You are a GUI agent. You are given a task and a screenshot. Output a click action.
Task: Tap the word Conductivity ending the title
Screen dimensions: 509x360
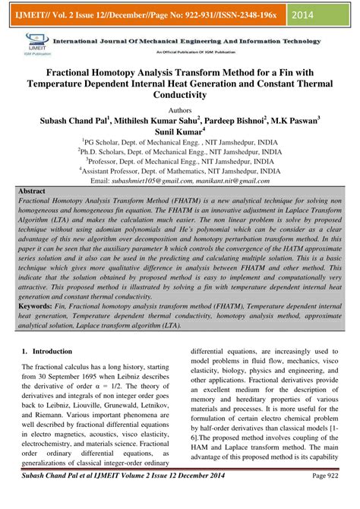179,95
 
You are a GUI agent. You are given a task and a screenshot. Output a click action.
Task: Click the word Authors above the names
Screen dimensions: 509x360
180,109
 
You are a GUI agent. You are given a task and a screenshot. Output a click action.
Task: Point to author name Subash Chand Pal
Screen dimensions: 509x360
74,120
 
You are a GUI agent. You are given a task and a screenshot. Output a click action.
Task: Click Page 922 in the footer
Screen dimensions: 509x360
328,496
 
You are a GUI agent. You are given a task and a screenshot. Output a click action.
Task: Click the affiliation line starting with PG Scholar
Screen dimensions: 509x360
180,141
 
